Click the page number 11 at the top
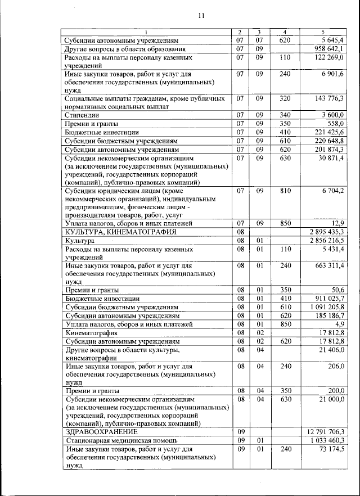tap(201, 16)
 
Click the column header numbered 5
tap(323, 31)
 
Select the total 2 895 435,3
tap(326, 232)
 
